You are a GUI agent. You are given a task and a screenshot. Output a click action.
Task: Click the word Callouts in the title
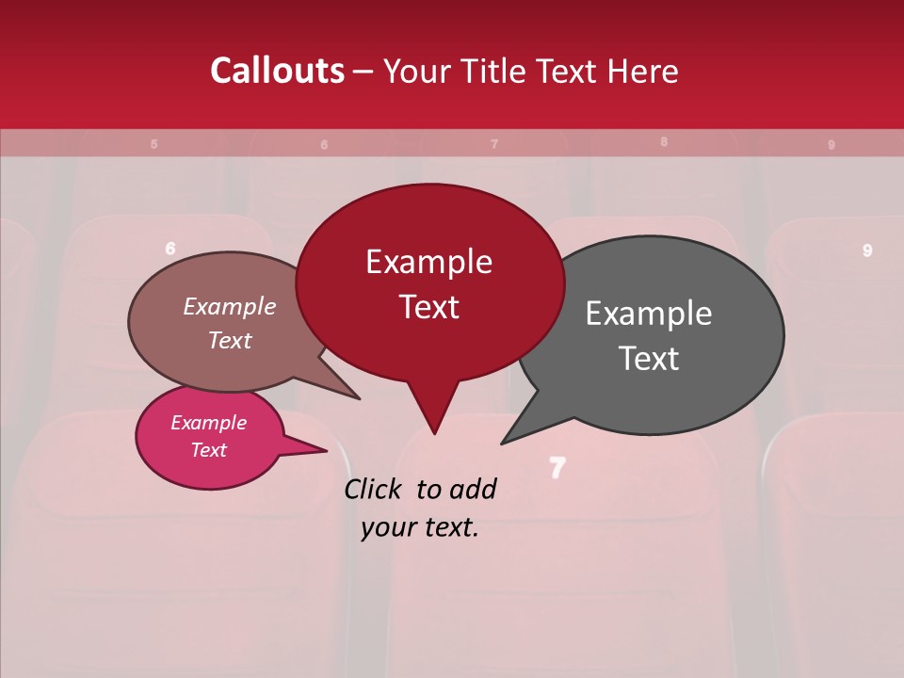pos(277,71)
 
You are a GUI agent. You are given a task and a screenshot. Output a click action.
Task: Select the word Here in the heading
pos(642,72)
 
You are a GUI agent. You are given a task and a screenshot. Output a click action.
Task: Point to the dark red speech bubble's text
pos(429,284)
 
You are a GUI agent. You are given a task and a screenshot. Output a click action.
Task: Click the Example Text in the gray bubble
pos(649,335)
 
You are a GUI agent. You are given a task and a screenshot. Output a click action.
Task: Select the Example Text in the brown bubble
pos(230,323)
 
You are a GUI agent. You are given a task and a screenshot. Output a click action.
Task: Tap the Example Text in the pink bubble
pos(209,436)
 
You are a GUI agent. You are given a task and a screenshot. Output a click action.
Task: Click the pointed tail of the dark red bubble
pos(434,429)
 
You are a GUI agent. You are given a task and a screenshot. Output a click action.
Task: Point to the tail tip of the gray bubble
pos(505,442)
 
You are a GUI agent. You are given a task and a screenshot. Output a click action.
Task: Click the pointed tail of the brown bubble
pos(355,396)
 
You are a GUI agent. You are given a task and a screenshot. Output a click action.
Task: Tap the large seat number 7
pos(557,467)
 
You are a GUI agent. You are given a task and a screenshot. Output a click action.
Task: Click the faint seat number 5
pos(154,144)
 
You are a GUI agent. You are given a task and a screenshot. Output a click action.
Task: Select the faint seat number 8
pos(664,142)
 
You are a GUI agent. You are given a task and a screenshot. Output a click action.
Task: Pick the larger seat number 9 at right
pos(867,250)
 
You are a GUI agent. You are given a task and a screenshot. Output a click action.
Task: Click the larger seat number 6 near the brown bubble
pos(170,249)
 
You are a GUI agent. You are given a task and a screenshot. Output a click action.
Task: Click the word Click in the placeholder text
pos(374,489)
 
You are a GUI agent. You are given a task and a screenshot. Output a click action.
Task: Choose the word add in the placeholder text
pos(474,489)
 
